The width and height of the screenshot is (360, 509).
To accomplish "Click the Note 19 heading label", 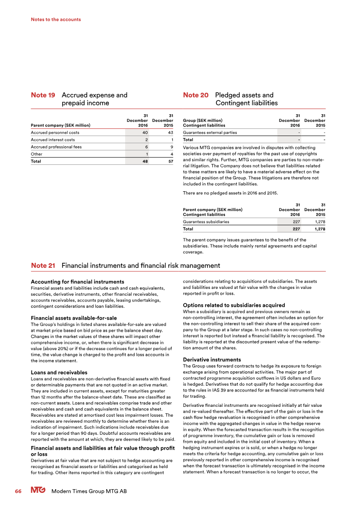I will [43, 95].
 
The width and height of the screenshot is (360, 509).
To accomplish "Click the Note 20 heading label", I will [196, 95].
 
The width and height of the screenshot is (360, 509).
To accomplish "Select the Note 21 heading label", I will [43, 266].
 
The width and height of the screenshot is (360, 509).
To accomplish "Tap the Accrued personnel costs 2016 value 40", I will [145, 133].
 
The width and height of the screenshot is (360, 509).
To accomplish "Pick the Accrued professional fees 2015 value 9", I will [172, 147].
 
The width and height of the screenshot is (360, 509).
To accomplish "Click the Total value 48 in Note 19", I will [144, 161].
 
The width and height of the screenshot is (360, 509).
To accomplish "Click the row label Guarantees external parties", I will [210, 133].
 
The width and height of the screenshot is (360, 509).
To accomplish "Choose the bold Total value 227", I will [297, 229].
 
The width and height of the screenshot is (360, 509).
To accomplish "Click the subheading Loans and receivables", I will [59, 373].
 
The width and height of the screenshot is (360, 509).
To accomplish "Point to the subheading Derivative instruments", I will [211, 360].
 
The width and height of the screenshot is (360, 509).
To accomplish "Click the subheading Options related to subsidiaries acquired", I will [234, 305].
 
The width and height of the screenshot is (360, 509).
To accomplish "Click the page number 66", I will [18, 491].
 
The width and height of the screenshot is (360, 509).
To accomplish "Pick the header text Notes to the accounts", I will [56, 19].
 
